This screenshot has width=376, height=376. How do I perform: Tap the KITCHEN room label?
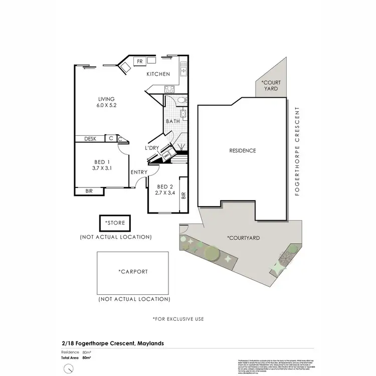click(158, 74)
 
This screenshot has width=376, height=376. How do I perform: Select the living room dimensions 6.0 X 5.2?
click(106, 106)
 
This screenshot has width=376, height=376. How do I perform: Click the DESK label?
click(90, 139)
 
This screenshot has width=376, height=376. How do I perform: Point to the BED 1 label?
click(101, 162)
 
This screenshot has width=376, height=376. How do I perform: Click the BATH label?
click(173, 121)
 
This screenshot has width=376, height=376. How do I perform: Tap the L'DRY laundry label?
click(152, 148)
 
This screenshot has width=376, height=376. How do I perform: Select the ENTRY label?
click(139, 172)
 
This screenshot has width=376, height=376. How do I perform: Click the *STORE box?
click(115, 222)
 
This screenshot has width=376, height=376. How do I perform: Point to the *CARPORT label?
click(133, 272)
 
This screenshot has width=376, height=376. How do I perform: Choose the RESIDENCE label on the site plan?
click(243, 150)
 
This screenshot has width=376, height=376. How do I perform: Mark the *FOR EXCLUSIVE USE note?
click(178, 318)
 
